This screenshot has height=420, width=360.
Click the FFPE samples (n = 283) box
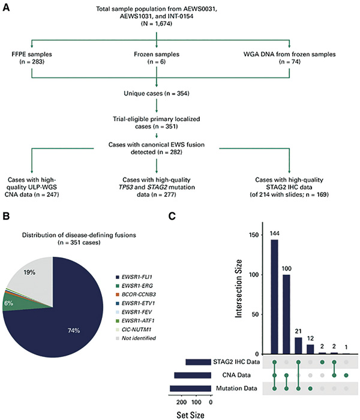[x=32, y=58]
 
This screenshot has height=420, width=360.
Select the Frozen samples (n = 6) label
[x=157, y=58]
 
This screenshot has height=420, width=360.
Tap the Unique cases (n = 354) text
[x=157, y=94]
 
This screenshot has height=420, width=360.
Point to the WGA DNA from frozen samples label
[x=290, y=55]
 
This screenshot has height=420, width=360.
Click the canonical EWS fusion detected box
[x=157, y=148]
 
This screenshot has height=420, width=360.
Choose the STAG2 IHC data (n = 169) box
[x=289, y=187]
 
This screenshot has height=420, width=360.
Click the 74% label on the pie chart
[x=74, y=331]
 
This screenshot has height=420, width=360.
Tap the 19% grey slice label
[x=29, y=272]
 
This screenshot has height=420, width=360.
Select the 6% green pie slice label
[x=8, y=303]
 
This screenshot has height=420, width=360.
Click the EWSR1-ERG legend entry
[x=134, y=286]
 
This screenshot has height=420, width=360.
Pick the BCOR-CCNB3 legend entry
[x=136, y=295]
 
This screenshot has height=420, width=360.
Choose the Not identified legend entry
[x=136, y=338]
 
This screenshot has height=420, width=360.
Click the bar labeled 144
[x=275, y=297]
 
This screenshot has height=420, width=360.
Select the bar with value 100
[x=286, y=314]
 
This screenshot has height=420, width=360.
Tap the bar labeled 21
[x=298, y=346]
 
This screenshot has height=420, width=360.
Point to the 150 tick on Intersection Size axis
[x=254, y=235]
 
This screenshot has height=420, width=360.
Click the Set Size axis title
[x=190, y=415]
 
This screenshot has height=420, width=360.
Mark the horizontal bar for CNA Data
[x=193, y=375]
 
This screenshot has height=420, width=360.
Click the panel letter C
[x=172, y=216]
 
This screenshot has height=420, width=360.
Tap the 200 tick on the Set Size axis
[x=182, y=402]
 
